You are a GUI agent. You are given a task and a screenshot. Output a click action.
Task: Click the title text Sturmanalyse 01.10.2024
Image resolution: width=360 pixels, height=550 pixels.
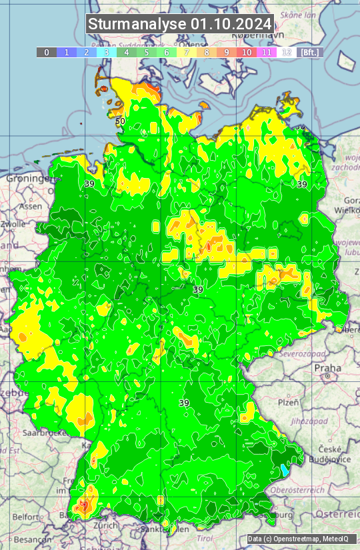180,24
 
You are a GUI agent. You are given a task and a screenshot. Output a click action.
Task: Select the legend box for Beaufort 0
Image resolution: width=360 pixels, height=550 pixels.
47,52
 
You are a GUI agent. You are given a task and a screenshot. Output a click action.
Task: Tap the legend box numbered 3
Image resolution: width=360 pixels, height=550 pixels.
107,52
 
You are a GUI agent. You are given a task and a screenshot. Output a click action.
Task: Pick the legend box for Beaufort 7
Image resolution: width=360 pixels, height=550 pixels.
187,52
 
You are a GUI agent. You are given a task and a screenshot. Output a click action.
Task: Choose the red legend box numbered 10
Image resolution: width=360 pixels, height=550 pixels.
247,52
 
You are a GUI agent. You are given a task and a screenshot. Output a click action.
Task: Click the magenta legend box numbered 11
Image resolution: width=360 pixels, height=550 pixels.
267,52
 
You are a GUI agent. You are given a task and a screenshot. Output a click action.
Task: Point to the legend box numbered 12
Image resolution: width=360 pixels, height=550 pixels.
287,52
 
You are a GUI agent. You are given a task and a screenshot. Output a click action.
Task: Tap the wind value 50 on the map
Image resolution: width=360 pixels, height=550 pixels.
120,121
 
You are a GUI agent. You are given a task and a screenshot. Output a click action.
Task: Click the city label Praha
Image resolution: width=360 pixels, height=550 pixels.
327,367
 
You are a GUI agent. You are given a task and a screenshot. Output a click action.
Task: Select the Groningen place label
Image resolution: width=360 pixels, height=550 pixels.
28,179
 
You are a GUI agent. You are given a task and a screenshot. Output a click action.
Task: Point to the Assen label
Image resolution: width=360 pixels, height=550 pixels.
30,207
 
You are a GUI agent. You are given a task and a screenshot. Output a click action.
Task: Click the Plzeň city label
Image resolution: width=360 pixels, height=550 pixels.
287,403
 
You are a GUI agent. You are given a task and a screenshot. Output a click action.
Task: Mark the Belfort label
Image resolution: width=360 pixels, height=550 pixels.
26,517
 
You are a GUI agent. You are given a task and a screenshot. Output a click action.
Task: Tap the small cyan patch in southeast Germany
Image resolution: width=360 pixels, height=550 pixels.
285,469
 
